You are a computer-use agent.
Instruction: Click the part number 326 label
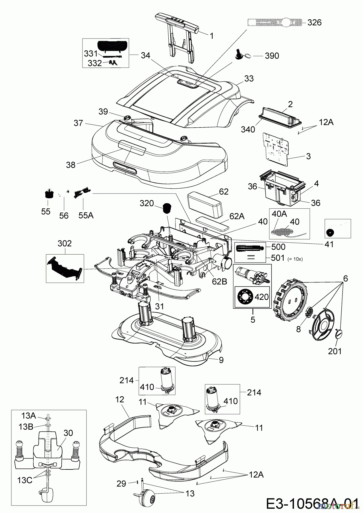[x=314, y=23]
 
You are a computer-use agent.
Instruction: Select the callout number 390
[x=272, y=56]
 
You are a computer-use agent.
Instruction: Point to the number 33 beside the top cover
[x=249, y=78]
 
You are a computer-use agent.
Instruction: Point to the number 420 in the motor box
[x=261, y=297]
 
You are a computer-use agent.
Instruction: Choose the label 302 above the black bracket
[x=65, y=243]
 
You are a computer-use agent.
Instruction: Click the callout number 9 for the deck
[x=221, y=360]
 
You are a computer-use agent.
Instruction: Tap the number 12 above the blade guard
[x=120, y=400]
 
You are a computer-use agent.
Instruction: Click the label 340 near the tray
[x=248, y=129]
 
